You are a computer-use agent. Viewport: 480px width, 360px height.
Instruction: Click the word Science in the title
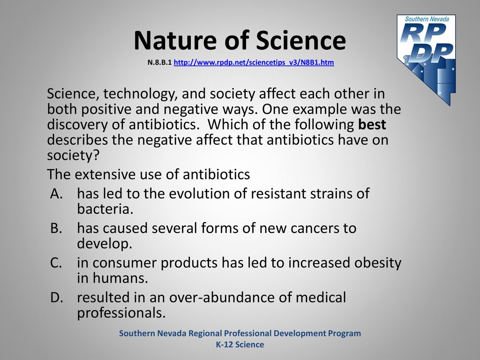[x=301, y=40]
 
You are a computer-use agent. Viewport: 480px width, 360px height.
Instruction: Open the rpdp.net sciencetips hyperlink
[x=254, y=62]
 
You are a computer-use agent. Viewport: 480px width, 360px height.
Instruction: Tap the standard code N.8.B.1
[x=159, y=62]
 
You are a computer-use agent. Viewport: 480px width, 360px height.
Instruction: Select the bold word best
[x=372, y=124]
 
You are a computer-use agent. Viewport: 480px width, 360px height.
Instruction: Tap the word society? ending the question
[x=73, y=155]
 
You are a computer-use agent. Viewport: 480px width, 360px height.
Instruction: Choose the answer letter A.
[x=56, y=194]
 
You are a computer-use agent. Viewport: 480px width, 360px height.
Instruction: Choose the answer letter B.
[x=56, y=228]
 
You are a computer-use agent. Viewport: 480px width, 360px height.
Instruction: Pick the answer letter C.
[x=56, y=262]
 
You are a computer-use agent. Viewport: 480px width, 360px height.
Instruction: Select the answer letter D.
[x=57, y=297]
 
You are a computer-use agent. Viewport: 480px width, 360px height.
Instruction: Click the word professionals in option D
[x=121, y=313]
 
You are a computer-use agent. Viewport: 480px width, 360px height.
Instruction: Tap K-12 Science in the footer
[x=240, y=345]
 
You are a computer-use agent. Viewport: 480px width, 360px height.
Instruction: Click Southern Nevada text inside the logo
[x=427, y=19]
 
